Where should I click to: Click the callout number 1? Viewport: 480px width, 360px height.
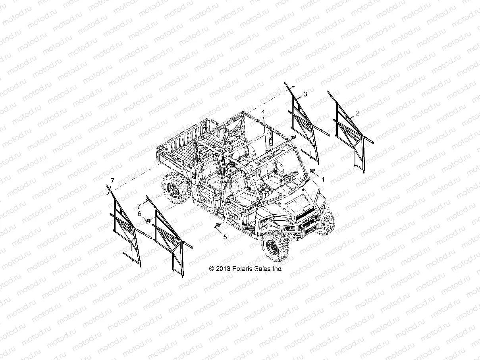click(323, 179)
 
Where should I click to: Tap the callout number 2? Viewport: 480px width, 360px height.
click(357, 113)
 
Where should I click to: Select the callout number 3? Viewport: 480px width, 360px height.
click(316, 94)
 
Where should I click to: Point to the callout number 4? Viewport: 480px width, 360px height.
click(263, 112)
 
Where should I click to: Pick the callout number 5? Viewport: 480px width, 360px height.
click(225, 237)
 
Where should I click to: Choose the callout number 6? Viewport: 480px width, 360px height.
click(139, 214)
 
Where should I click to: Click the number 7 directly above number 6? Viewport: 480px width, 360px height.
click(139, 206)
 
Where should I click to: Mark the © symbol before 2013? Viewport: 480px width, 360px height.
click(212, 269)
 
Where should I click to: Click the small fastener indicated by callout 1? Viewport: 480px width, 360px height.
click(312, 171)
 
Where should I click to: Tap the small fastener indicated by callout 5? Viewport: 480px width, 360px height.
click(217, 226)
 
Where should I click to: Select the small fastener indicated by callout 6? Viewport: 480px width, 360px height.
click(148, 220)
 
